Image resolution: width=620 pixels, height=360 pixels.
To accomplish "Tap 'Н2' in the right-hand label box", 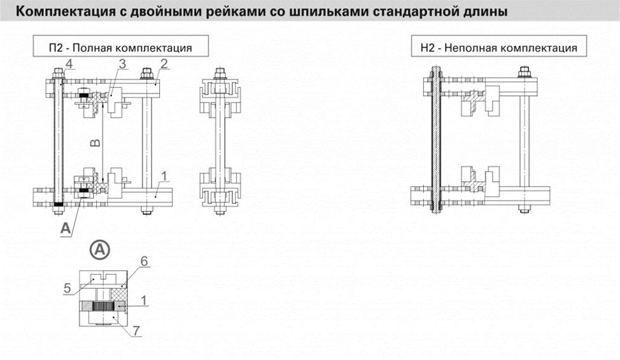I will click(x=426, y=48).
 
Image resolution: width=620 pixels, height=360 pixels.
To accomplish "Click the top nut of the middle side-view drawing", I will click(x=220, y=75).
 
